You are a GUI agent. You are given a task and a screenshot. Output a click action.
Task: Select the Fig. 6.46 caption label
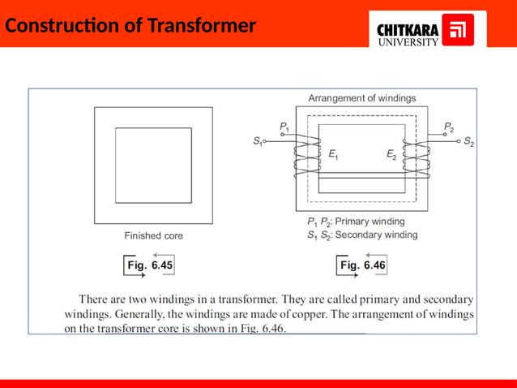(x=364, y=265)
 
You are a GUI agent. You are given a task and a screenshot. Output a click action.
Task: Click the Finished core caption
(x=153, y=235)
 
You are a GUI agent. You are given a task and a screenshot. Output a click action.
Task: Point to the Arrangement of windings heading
(x=362, y=98)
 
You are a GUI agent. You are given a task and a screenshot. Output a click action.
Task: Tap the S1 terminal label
(x=258, y=140)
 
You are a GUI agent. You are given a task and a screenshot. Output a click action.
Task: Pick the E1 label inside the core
(x=333, y=154)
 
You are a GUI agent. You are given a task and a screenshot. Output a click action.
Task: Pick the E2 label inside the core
(x=391, y=154)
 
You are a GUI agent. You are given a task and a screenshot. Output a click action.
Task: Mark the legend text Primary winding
(x=370, y=221)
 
